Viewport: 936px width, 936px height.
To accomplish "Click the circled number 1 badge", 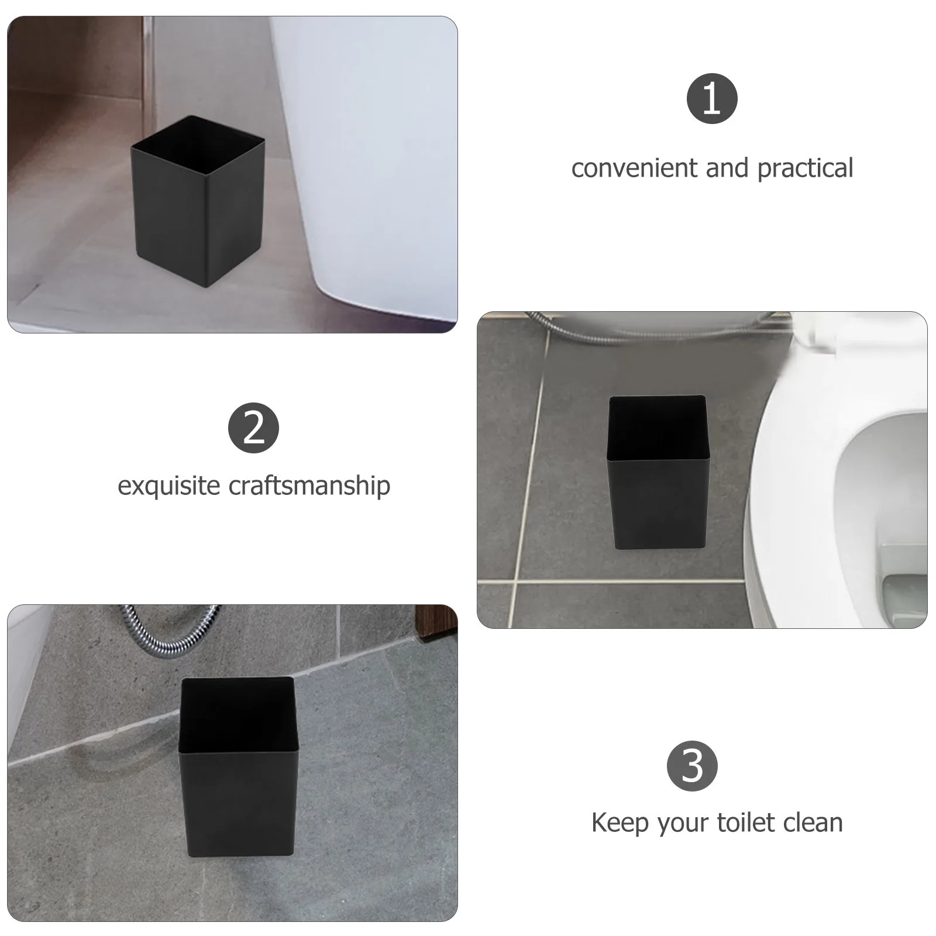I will (x=711, y=98).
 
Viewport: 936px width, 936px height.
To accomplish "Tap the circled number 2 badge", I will (x=253, y=428).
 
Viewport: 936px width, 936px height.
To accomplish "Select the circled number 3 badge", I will (x=692, y=766).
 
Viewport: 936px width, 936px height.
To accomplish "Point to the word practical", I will (x=805, y=168).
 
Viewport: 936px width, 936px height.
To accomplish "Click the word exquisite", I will (x=168, y=486).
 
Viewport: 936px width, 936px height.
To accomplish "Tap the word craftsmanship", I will (x=309, y=486).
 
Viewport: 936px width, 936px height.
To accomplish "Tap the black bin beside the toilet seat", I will (x=657, y=491).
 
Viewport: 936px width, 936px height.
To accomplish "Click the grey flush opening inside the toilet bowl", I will (x=904, y=597).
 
